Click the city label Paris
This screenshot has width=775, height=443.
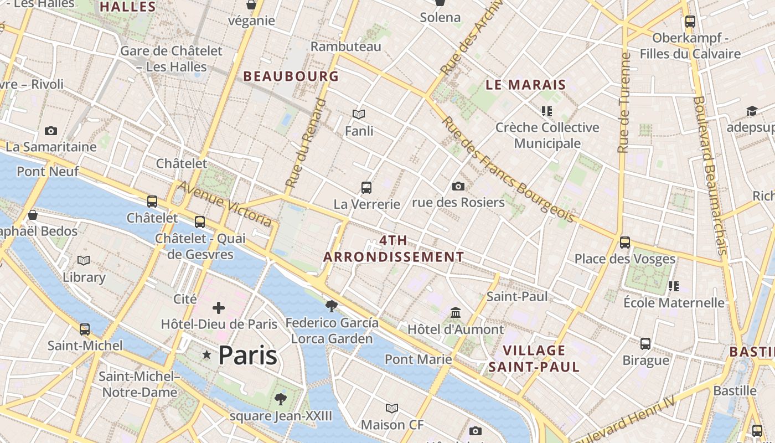click(x=247, y=355)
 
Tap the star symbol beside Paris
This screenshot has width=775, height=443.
click(x=207, y=354)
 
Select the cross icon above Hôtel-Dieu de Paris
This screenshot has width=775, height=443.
click(x=219, y=308)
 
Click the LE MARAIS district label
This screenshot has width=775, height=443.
click(x=525, y=85)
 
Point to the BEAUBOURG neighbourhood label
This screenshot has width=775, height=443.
click(x=291, y=76)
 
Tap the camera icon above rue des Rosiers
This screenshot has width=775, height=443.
click(x=458, y=186)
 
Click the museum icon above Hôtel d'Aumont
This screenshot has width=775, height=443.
click(x=456, y=313)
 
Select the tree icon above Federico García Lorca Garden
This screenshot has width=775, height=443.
click(x=332, y=306)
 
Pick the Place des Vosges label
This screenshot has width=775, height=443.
click(x=624, y=259)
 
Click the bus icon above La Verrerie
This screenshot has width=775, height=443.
click(x=366, y=187)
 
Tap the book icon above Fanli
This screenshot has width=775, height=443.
click(x=359, y=115)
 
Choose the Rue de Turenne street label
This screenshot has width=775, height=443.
click(x=624, y=102)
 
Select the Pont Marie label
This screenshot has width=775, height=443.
click(x=418, y=359)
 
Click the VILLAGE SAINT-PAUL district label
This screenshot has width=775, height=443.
click(x=534, y=358)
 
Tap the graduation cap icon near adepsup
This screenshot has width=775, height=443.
click(x=751, y=111)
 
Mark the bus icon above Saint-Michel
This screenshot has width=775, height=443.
click(x=85, y=329)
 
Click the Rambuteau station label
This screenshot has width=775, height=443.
click(x=345, y=47)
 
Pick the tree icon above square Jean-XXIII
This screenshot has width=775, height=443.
click(x=281, y=399)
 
